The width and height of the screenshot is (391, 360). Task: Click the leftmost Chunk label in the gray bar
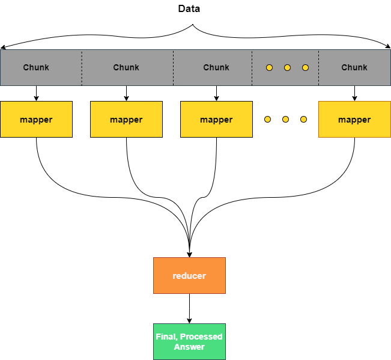coord(36,67)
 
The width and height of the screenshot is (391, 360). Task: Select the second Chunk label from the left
coord(126,67)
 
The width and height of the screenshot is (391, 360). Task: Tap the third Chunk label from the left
coord(216,67)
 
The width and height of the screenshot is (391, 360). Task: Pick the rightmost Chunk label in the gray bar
coord(354,67)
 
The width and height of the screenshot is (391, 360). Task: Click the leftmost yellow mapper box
coord(36,120)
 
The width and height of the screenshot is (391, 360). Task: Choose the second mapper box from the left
coord(126,120)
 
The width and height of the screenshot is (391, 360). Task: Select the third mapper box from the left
coord(216,120)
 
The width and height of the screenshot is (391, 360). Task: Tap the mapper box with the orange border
coord(354,120)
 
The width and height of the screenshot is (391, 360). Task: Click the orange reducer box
coord(189,276)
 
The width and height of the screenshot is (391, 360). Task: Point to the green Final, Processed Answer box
coord(189,341)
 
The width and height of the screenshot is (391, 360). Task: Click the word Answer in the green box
coord(189,347)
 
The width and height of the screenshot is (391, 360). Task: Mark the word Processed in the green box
coord(201,337)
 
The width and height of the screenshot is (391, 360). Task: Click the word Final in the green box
coord(166,337)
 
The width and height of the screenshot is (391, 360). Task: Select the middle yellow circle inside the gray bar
coord(287,67)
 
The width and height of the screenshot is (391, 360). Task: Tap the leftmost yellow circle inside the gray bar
coord(269,67)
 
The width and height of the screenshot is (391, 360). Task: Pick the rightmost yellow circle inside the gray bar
coord(305,67)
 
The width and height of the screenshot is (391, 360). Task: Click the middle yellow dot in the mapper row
coord(285,119)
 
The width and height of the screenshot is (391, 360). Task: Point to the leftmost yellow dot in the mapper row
coord(267,119)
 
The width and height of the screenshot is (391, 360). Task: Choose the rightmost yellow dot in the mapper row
coord(303,119)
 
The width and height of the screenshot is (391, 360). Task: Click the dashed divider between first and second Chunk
coord(82,67)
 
